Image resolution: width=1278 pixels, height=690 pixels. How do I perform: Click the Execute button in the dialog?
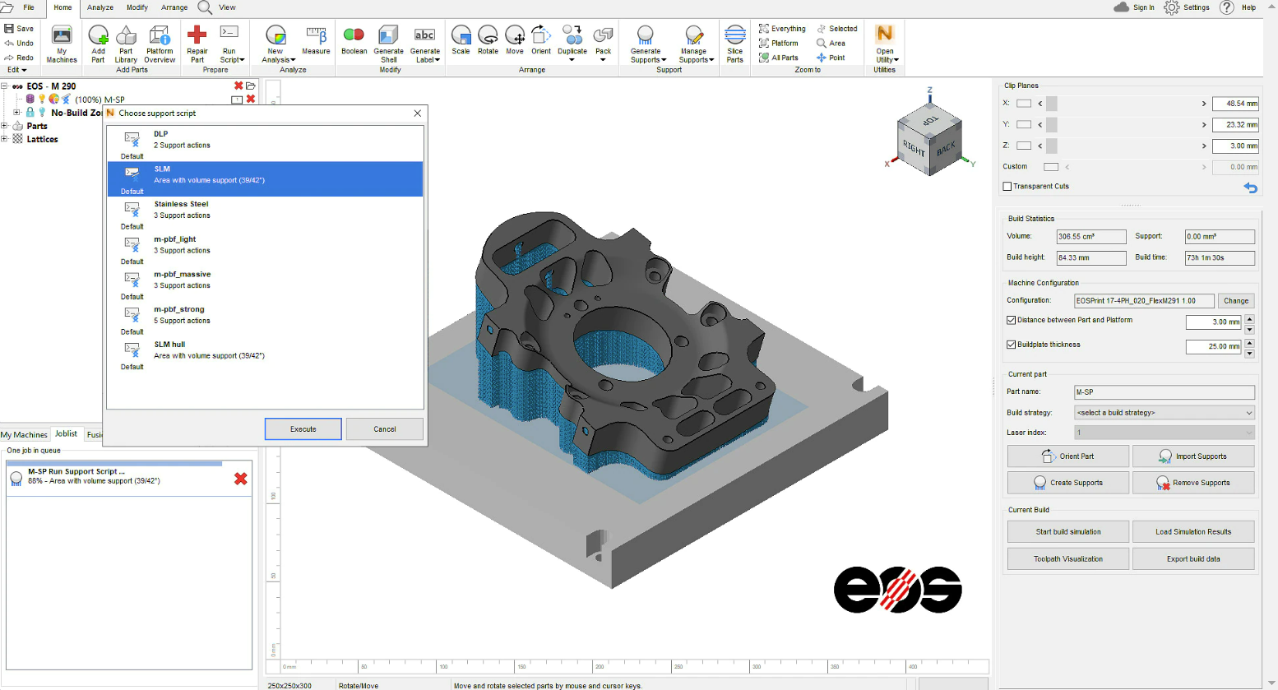(x=303, y=429)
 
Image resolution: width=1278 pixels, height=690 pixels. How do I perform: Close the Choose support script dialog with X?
(x=417, y=113)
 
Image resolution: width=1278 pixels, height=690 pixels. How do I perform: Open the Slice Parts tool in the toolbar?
(x=734, y=44)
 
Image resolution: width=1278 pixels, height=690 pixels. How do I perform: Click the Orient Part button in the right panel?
(x=1067, y=456)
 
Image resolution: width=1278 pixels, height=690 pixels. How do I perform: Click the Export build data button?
(x=1192, y=559)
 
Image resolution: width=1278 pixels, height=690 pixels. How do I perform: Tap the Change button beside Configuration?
(x=1235, y=301)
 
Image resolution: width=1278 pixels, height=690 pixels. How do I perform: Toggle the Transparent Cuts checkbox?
(x=1007, y=187)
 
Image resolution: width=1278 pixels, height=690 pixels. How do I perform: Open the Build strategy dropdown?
(x=1164, y=413)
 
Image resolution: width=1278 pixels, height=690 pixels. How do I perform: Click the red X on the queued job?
(x=241, y=479)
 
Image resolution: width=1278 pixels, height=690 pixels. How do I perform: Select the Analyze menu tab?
(x=100, y=7)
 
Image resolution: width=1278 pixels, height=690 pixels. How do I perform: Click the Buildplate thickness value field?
(x=1213, y=347)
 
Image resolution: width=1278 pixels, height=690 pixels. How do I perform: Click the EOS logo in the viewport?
(x=897, y=590)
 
